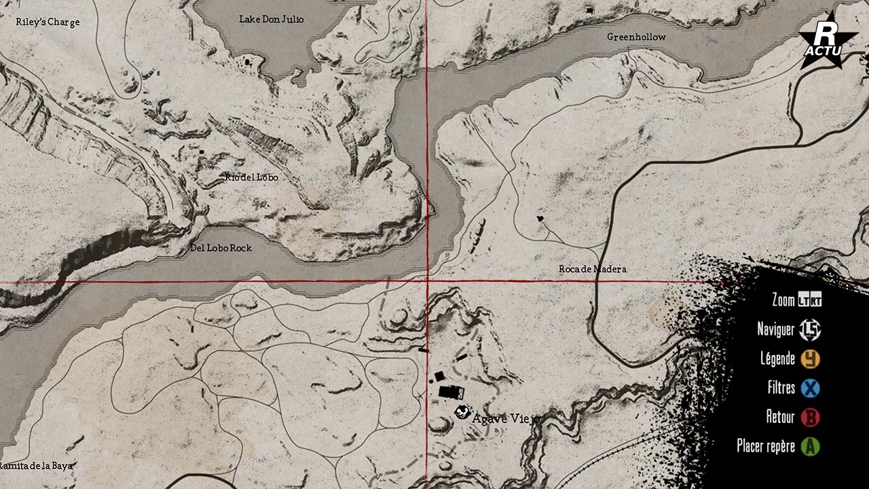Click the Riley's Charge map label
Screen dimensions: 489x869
tap(48, 22)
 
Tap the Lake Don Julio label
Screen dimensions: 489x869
tap(272, 19)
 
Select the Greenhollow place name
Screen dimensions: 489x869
tap(636, 37)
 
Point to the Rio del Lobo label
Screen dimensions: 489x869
tap(252, 177)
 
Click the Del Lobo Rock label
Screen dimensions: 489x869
tap(221, 248)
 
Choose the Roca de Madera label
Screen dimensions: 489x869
tap(592, 269)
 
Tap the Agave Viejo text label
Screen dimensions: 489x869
tap(506, 418)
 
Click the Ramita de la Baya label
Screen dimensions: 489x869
tap(35, 466)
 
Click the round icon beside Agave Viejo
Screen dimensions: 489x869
tap(462, 412)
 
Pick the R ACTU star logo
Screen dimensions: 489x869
tap(828, 42)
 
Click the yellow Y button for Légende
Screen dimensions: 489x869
tap(810, 359)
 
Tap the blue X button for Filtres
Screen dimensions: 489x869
tap(810, 388)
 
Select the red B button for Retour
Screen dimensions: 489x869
tap(810, 417)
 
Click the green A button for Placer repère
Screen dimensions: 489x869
tap(810, 446)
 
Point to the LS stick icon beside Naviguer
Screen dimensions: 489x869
tap(810, 330)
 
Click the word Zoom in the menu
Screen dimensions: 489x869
tap(783, 300)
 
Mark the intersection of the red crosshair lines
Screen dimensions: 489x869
tap(427, 281)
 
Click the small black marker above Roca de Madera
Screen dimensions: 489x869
tap(540, 219)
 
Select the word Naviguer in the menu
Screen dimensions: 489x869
tap(775, 329)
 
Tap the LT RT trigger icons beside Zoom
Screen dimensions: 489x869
tap(810, 300)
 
